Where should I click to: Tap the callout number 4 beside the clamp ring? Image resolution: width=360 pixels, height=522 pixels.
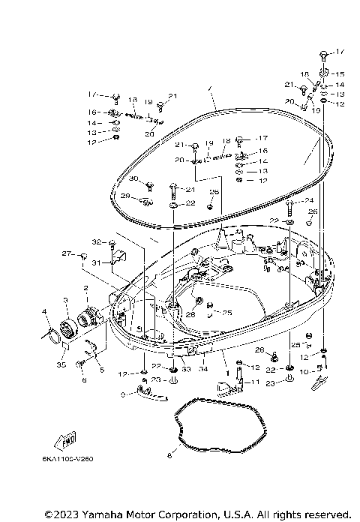[44, 311]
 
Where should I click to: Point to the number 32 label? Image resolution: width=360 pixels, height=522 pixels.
[95, 241]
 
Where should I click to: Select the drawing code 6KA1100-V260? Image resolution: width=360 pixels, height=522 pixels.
[73, 458]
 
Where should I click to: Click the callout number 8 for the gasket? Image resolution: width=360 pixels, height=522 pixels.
[170, 454]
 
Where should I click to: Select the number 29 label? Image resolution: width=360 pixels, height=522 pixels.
[126, 196]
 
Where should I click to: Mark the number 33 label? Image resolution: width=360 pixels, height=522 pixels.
[184, 369]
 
